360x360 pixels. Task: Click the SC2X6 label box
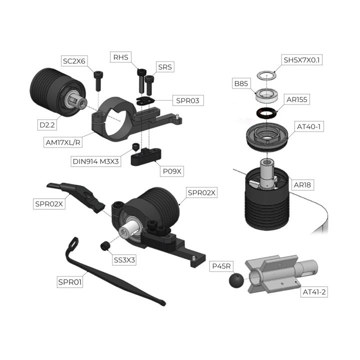click(74, 61)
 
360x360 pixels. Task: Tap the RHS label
click(121, 57)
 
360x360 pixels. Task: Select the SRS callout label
click(165, 67)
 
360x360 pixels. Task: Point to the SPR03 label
click(188, 100)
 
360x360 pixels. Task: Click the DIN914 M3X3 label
click(95, 161)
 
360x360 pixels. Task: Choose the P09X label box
click(172, 171)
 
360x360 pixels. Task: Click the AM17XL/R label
click(63, 142)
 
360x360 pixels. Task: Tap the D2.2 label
click(47, 125)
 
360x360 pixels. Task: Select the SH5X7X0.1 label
click(301, 60)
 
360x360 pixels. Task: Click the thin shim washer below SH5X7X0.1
click(266, 75)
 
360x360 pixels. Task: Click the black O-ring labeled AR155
click(266, 112)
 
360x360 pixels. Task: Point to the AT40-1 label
click(309, 126)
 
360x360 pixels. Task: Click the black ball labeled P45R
click(236, 280)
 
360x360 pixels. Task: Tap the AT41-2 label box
click(314, 292)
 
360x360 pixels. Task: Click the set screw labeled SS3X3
click(105, 246)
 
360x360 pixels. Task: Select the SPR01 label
click(70, 282)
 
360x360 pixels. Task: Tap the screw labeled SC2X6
click(98, 80)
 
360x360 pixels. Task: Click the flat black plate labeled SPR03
click(145, 100)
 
